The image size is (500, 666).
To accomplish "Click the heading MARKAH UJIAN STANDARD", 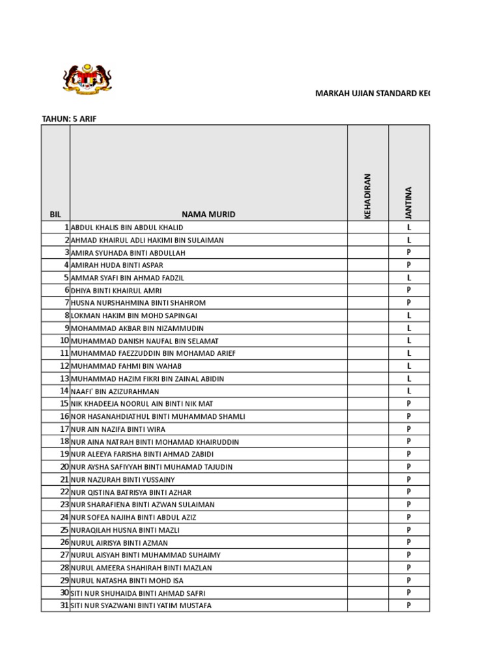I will point(372,94).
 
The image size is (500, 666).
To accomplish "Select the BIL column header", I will point(55,214).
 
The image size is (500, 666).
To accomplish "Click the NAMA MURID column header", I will point(208,214).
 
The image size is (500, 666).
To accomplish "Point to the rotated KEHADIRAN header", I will point(368,196).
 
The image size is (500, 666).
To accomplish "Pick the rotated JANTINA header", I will point(409,202).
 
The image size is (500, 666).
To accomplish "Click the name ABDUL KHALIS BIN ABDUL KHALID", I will point(127,228).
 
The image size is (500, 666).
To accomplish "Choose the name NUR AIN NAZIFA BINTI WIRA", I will point(118,429).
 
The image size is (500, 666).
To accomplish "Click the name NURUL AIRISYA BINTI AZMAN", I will point(119,542).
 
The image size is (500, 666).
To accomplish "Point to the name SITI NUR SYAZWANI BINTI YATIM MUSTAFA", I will point(141,606).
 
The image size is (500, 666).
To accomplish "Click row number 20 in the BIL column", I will point(64,466).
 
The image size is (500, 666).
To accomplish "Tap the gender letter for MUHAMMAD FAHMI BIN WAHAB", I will point(409,366).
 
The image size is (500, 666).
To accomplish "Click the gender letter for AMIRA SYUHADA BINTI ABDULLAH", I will point(409,252).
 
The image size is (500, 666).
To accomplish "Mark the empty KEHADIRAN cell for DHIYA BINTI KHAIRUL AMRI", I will point(368,290).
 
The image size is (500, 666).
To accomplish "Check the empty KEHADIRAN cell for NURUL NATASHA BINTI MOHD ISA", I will point(368,580).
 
